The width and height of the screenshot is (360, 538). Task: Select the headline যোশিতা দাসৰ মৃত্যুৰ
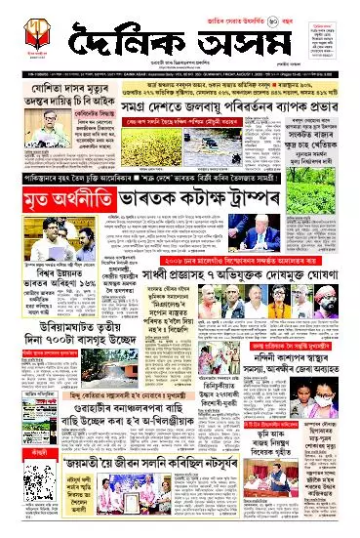pos(37,93)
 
